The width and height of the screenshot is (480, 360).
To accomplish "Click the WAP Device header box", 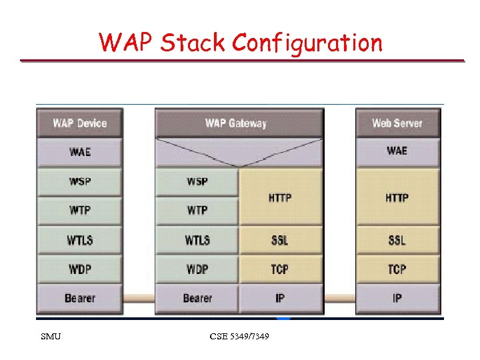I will tap(79, 123).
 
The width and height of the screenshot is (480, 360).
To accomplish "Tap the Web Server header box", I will tap(397, 123).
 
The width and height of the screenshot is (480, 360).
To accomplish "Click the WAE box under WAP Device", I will tap(79, 152).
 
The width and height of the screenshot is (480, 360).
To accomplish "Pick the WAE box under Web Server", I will tap(397, 152).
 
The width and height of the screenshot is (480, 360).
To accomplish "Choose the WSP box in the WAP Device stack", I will tap(79, 181).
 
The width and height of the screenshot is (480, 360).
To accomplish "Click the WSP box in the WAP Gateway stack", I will tap(197, 181).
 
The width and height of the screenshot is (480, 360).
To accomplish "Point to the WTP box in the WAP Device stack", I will tap(79, 211).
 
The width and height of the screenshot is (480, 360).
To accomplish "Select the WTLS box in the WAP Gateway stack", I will tap(197, 240).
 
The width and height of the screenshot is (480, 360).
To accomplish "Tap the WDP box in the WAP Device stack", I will tap(79, 269).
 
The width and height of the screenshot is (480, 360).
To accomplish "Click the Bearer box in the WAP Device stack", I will tap(79, 298).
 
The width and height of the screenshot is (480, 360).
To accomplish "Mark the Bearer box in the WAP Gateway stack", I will tap(197, 298).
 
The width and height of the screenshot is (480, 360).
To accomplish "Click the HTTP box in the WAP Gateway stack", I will tap(280, 197).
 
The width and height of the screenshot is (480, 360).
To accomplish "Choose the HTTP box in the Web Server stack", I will tap(397, 197).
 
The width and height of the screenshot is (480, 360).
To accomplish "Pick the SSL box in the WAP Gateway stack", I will tap(280, 240).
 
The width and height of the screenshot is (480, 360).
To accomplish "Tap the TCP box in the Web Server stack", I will tap(397, 269).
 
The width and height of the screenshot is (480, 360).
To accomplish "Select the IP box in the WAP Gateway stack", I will tap(280, 298).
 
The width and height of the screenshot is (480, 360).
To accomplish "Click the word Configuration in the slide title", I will tap(307, 43).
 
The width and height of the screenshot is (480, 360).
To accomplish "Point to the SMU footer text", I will tap(51, 337).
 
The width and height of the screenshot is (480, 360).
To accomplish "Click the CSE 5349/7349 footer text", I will tap(239, 337).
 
